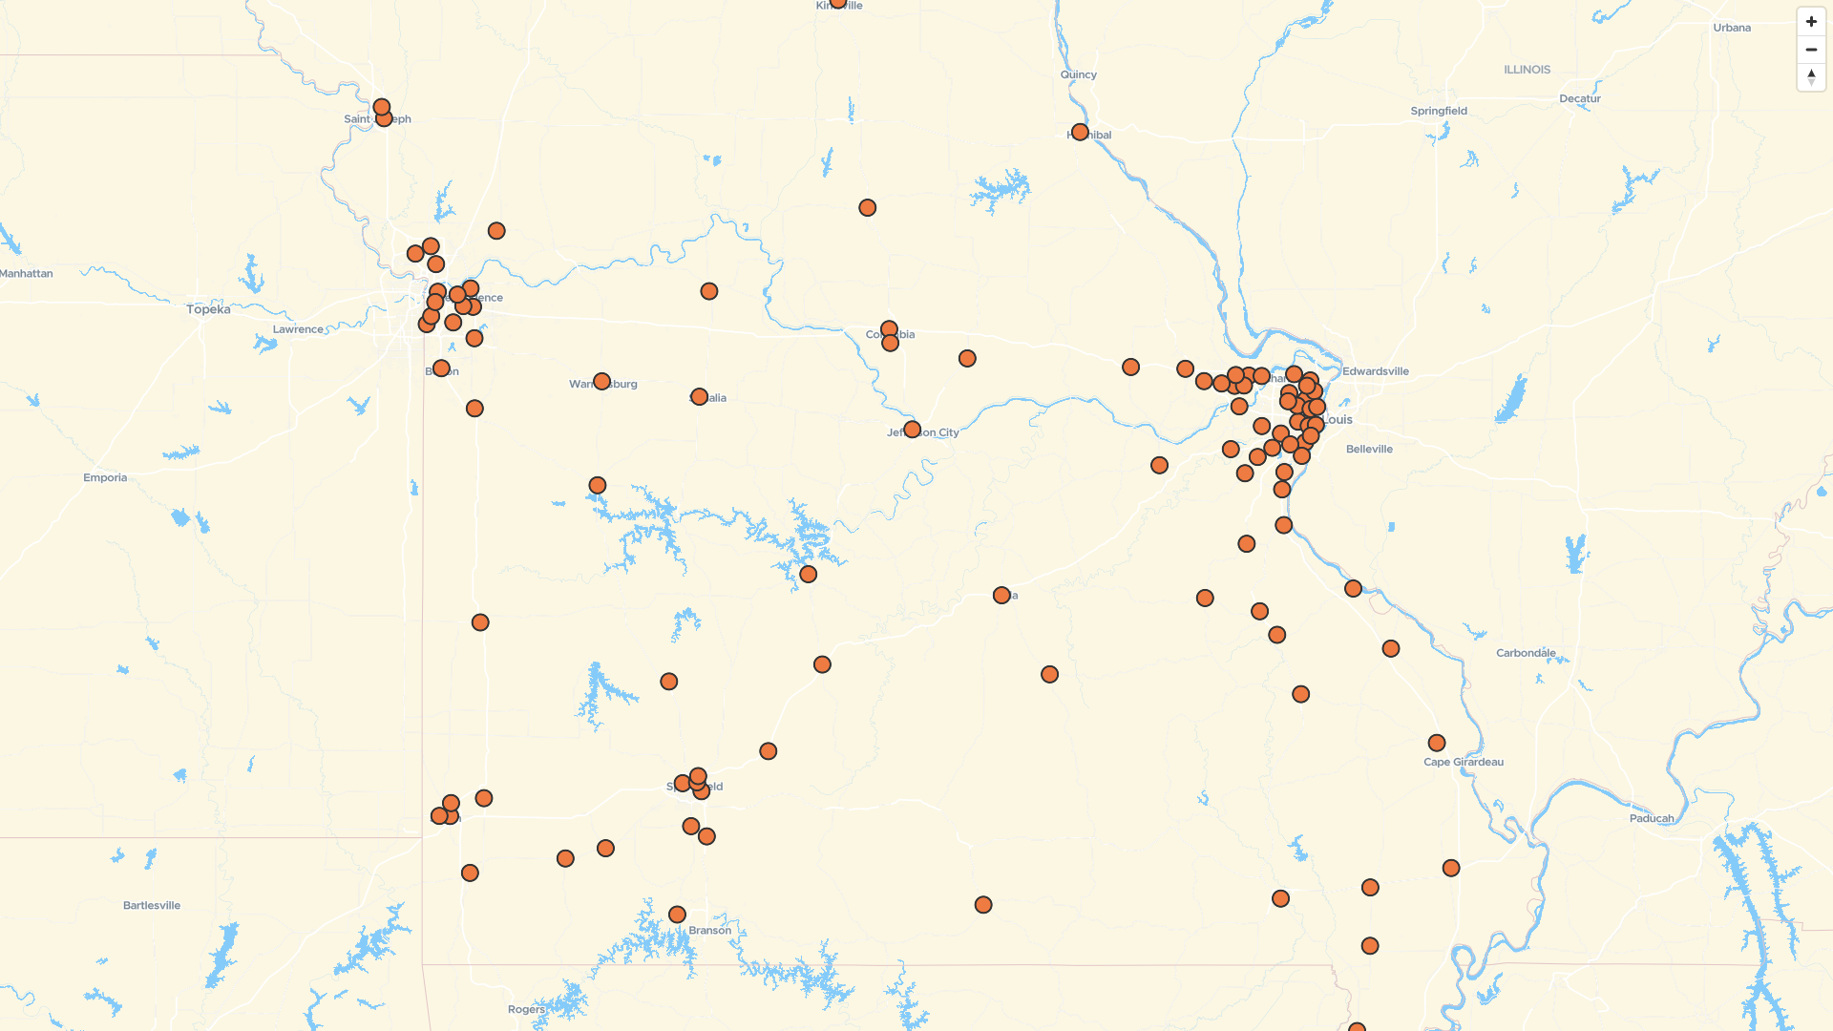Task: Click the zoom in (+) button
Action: click(1811, 22)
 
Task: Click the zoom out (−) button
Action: click(1811, 50)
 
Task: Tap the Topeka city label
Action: click(208, 309)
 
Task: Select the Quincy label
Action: click(1078, 74)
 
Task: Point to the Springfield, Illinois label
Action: click(1439, 111)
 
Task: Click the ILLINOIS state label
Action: click(1527, 70)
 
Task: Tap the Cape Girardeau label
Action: click(1463, 762)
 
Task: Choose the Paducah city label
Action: click(1652, 818)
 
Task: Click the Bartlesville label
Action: click(152, 905)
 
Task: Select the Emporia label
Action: click(105, 477)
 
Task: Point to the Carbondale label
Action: click(1526, 653)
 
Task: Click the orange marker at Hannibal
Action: click(1080, 132)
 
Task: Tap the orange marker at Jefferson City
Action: click(912, 430)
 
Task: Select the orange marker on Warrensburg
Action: click(601, 382)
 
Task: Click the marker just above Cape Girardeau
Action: click(1436, 743)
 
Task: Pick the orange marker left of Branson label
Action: click(677, 915)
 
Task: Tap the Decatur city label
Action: click(1579, 98)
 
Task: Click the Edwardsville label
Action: click(1375, 371)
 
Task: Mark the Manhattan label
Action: click(27, 273)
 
